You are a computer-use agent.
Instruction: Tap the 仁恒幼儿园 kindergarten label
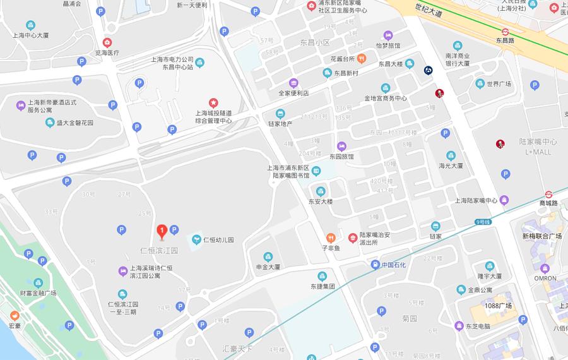218,240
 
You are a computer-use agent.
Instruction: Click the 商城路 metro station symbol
549,194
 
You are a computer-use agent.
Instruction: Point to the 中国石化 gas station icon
376,265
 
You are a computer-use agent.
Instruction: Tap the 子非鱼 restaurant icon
331,238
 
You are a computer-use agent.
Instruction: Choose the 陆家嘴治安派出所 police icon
352,238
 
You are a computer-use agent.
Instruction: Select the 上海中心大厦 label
30,35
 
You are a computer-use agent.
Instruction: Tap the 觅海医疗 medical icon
107,43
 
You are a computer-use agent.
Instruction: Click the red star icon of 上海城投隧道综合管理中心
213,102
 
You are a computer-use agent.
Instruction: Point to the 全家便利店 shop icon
293,83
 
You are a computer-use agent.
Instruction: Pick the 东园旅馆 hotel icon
342,146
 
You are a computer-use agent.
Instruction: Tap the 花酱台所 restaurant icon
362,59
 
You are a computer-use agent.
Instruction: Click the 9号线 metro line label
483,222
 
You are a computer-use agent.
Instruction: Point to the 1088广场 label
498,306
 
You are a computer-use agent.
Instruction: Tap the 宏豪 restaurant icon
14,315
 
